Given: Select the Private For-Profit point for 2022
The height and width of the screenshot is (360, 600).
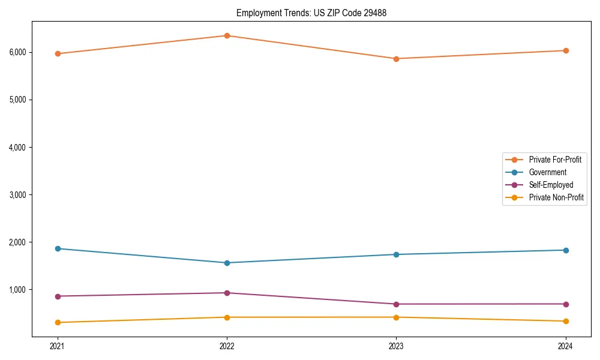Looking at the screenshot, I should [227, 35].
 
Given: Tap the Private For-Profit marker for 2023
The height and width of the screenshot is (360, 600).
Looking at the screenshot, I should [396, 59].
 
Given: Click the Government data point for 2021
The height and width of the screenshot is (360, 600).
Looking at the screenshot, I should [58, 248].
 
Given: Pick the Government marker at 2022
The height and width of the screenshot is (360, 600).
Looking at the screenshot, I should [227, 263].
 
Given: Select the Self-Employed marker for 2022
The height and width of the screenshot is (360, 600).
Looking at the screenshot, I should [227, 293].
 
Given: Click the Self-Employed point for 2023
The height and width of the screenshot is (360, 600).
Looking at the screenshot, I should [396, 304].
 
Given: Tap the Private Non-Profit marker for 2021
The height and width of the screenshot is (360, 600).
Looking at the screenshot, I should [58, 323].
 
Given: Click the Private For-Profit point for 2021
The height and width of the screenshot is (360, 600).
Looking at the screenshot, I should [58, 53].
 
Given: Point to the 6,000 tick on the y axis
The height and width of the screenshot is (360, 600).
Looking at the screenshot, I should [17, 52].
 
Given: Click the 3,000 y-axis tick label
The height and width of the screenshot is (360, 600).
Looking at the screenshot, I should [17, 195].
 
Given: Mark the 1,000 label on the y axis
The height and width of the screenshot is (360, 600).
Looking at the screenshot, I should [17, 290].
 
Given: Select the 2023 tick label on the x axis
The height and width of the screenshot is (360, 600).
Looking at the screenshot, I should [396, 346].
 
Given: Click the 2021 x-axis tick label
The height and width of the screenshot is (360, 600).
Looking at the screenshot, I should [58, 346].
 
